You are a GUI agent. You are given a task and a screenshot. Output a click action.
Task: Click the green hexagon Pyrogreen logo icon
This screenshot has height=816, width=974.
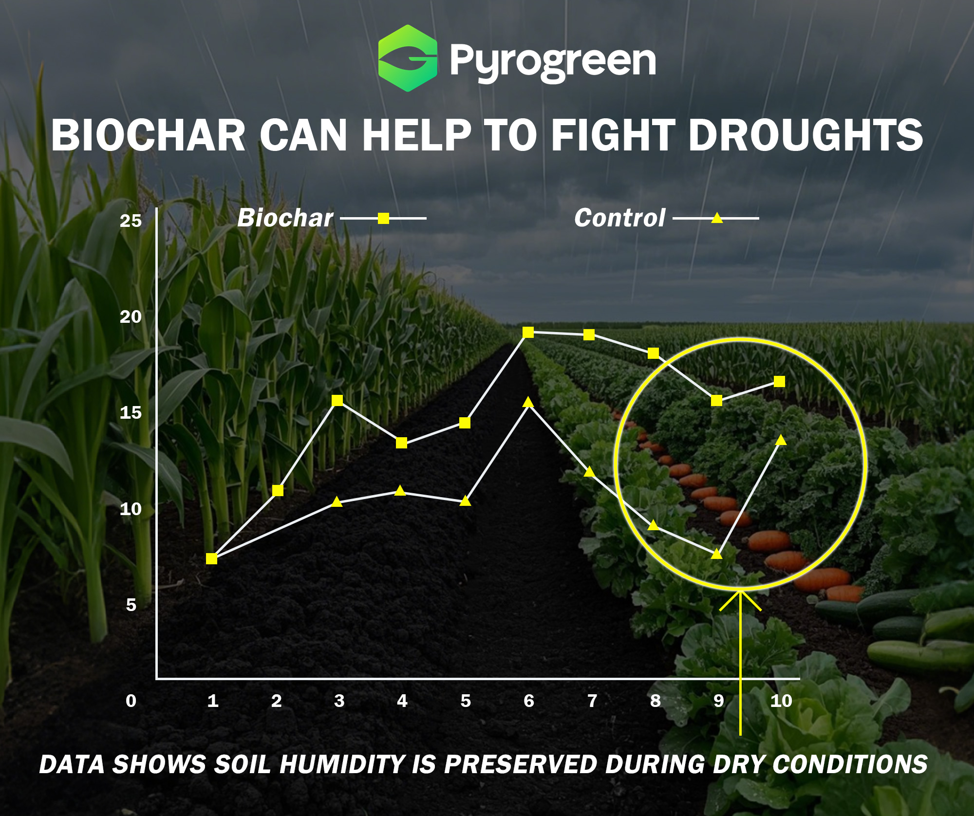coord(408,58)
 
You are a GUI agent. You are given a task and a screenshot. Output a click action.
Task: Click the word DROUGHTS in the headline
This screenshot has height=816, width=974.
coord(805,135)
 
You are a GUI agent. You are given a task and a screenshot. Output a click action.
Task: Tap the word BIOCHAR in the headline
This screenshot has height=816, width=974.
coord(149,135)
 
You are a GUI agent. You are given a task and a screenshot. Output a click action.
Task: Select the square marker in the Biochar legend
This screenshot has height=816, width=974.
coord(384,218)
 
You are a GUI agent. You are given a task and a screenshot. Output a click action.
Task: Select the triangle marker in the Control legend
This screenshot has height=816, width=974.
coord(717,218)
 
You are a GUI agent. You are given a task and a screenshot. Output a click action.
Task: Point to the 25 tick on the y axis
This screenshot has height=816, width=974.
coord(131,221)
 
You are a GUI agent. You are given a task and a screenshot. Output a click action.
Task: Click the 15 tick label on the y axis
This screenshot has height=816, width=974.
coord(131,413)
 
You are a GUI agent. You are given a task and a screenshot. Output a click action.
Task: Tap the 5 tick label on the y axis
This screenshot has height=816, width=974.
coord(131,605)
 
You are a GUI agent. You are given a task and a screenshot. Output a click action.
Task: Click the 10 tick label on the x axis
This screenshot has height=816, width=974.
coord(781,701)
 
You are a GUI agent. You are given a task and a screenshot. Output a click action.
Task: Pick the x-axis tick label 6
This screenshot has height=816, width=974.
coord(529,701)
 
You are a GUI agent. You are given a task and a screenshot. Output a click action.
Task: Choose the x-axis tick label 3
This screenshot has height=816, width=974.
coord(339,701)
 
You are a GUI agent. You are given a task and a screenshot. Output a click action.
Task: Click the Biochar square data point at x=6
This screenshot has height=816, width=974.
coord(528,332)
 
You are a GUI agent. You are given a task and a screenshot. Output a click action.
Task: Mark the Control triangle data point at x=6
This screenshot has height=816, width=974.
coord(528,402)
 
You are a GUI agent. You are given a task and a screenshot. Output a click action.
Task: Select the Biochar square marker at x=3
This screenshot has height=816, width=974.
coord(337,400)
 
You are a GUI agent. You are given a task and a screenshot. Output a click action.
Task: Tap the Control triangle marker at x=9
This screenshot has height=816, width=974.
coord(717,553)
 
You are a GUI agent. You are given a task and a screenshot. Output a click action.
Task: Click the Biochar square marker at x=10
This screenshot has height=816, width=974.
coord(779,381)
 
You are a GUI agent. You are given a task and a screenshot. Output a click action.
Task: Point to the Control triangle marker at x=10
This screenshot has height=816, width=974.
coord(781,440)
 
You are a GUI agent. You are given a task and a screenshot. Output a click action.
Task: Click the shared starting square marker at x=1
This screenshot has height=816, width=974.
coord(211,558)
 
